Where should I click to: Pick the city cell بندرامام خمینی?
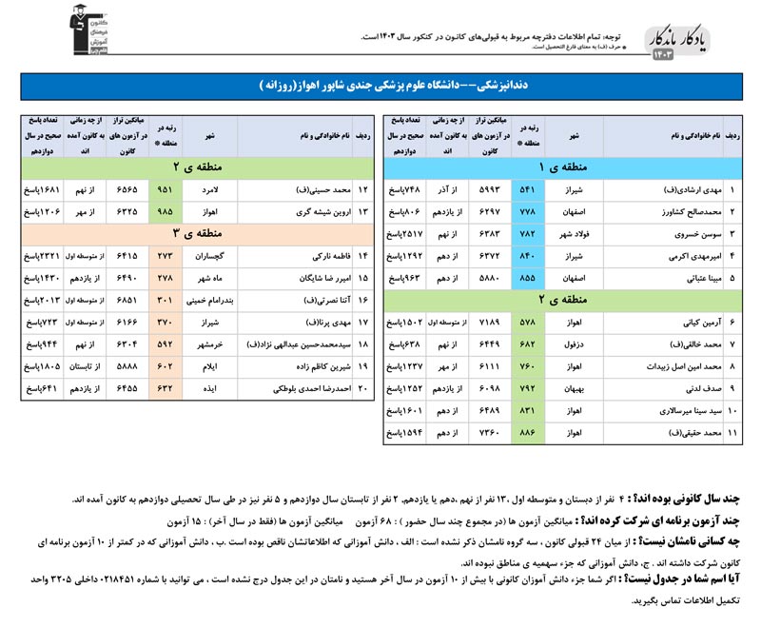point(212,301)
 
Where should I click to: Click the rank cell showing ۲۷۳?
point(165,256)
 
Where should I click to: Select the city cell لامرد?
point(212,189)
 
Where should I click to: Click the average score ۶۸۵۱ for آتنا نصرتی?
point(125,301)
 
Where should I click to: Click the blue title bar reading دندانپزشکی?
point(380,85)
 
